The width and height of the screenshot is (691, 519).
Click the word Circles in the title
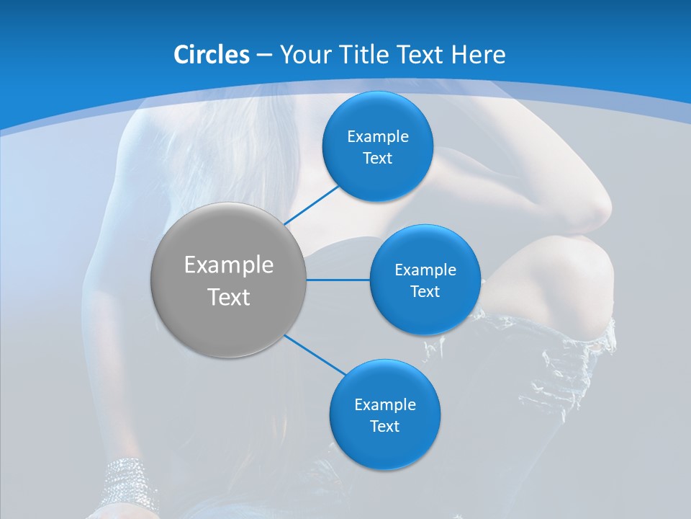212,55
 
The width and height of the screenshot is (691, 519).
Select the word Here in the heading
478,55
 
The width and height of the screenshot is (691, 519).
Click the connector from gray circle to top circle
312,205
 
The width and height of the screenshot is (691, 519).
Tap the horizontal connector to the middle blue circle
338,280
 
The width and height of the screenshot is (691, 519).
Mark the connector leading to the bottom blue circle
316,354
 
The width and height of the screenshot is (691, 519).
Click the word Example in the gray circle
229,265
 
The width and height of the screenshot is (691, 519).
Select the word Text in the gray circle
229,296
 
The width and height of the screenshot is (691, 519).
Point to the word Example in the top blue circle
378,137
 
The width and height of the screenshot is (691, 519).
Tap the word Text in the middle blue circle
425,291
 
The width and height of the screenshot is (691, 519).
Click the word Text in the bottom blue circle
384,426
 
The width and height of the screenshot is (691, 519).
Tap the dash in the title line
264,56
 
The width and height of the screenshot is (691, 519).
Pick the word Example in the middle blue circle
425,270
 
